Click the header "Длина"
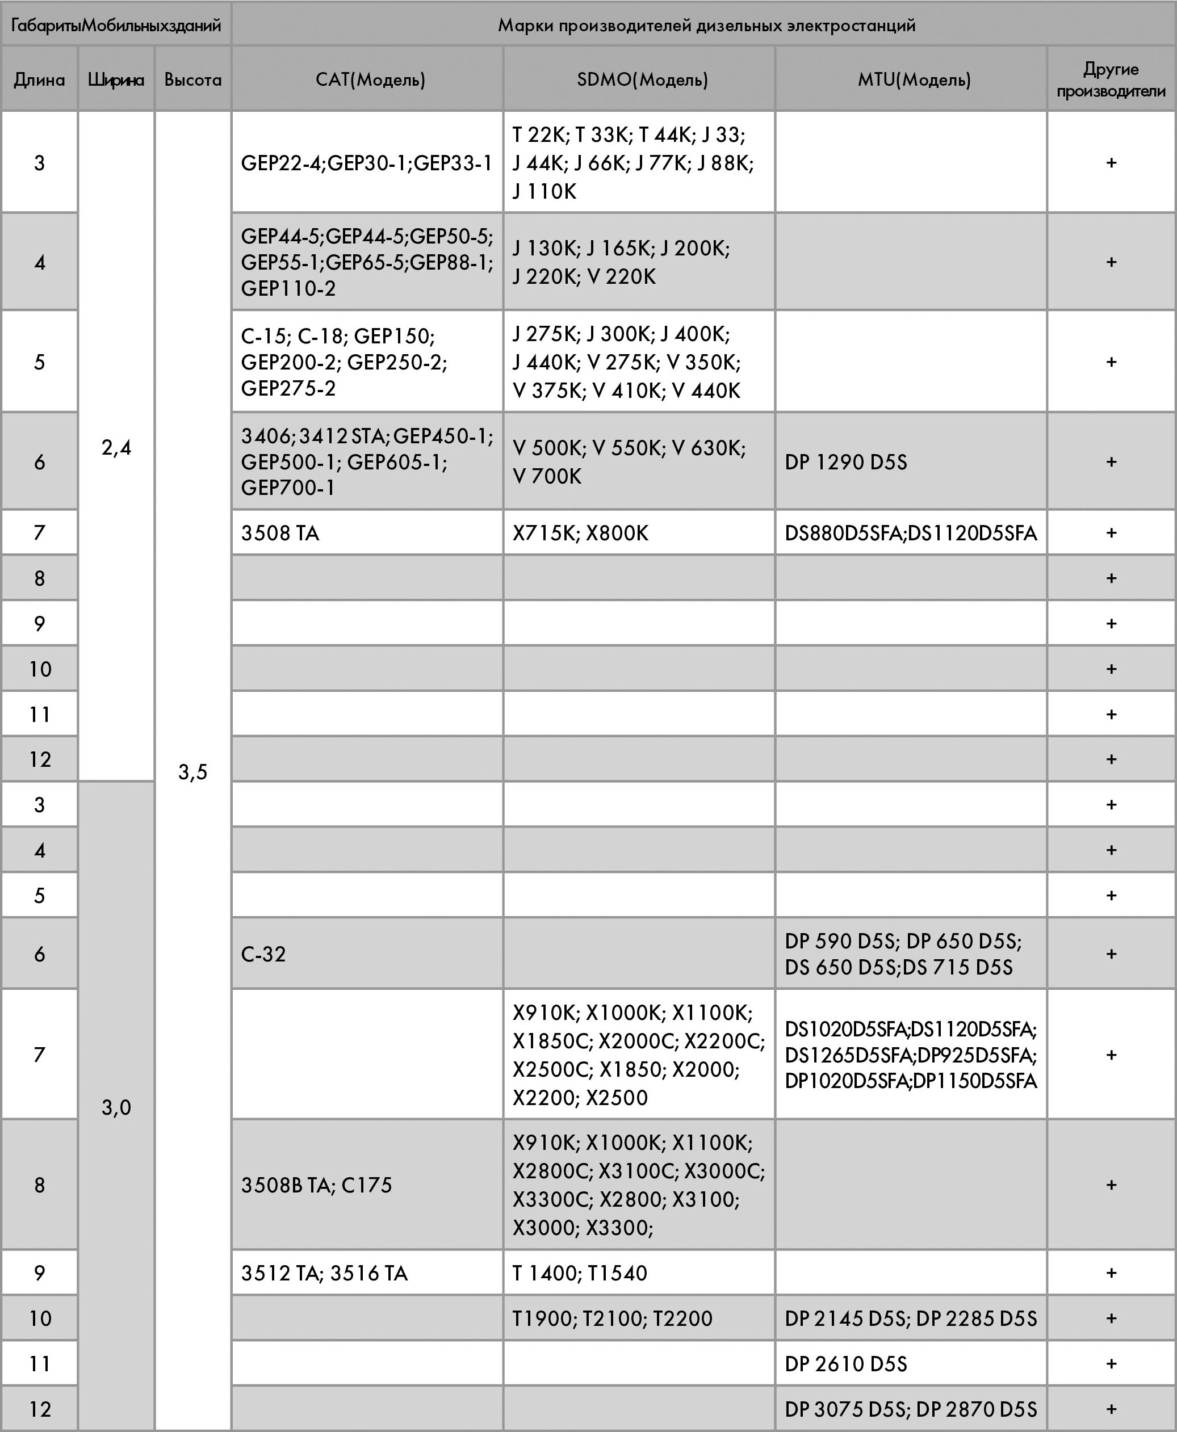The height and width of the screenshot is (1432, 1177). (39, 80)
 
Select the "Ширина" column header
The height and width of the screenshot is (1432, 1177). (116, 80)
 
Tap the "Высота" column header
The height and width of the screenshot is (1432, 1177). (192, 80)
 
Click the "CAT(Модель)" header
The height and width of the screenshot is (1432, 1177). (370, 80)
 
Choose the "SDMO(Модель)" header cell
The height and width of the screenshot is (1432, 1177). (642, 80)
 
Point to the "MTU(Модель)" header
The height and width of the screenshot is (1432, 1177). (914, 80)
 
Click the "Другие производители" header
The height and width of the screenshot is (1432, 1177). (1111, 80)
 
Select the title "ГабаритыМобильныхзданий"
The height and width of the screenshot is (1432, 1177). (116, 26)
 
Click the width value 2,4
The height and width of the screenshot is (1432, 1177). (116, 447)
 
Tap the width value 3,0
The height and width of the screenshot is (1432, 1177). (116, 1107)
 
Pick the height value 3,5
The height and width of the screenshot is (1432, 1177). (192, 771)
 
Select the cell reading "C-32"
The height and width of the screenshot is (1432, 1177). (264, 954)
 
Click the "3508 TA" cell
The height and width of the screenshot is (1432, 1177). (280, 534)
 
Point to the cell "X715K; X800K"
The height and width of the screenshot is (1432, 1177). (580, 534)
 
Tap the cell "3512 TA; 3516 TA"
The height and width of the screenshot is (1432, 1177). (324, 1273)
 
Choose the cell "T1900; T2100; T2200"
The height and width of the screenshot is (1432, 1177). (612, 1318)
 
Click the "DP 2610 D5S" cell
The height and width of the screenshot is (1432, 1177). (845, 1363)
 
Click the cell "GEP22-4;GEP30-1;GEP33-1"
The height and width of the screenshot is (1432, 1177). (366, 163)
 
